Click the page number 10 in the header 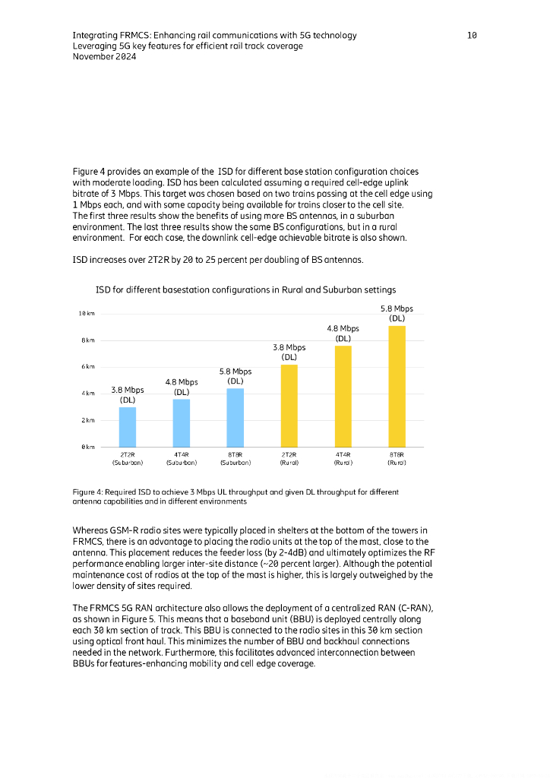pos(472,36)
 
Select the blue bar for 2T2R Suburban pos(128,427)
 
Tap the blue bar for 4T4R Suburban pos(182,422)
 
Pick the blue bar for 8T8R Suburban pos(235,417)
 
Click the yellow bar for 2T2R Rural pos(289,406)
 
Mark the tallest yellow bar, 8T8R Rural pos(397,386)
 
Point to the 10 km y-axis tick pos(86,314)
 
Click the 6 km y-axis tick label pos(87,367)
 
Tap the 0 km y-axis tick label pos(87,447)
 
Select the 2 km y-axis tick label pos(87,420)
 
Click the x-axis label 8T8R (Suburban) pos(235,457)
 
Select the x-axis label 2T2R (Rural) pos(289,457)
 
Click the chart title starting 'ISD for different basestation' pos(245,289)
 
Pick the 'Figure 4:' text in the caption pos(89,492)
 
